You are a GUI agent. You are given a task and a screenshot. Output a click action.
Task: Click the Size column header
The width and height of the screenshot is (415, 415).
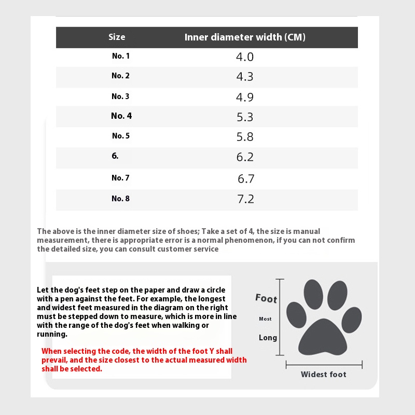pos(117,37)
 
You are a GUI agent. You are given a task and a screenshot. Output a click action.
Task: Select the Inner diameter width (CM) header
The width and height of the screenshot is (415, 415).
pos(245,37)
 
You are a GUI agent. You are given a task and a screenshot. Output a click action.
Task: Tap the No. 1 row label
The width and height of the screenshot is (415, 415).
pos(121,56)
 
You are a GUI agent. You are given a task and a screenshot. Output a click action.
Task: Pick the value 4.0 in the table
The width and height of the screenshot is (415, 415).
pos(245,57)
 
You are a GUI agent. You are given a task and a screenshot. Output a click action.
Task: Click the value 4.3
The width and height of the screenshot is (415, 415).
pos(245,77)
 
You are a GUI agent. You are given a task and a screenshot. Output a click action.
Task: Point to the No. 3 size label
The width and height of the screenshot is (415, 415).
pos(120,96)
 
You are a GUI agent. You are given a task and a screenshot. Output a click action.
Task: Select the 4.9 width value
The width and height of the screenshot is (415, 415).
pos(245,97)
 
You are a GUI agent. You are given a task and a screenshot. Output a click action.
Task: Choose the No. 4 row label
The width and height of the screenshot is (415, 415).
pos(121,116)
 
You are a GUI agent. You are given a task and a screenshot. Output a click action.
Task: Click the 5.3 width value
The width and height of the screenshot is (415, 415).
pos(245,117)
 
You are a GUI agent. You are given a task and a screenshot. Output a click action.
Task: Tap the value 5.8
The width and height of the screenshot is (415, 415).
pos(245,137)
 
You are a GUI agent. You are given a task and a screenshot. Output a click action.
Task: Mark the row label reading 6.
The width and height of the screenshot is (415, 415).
pos(115,156)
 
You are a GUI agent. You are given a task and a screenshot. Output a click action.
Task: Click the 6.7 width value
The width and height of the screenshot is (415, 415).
pos(246,178)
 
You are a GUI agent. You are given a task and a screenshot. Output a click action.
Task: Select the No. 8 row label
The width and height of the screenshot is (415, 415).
pos(120,198)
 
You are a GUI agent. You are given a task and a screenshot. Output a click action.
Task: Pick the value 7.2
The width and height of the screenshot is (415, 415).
pos(245,199)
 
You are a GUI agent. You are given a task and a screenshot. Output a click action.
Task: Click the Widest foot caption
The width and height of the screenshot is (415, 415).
pos(324,374)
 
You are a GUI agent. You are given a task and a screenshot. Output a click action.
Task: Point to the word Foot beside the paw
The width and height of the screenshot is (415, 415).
pos(266,298)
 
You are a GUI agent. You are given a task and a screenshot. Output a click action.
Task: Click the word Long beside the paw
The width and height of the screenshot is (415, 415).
pos(268,338)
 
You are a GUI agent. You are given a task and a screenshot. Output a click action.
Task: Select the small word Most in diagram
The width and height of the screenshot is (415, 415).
pos(265,319)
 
